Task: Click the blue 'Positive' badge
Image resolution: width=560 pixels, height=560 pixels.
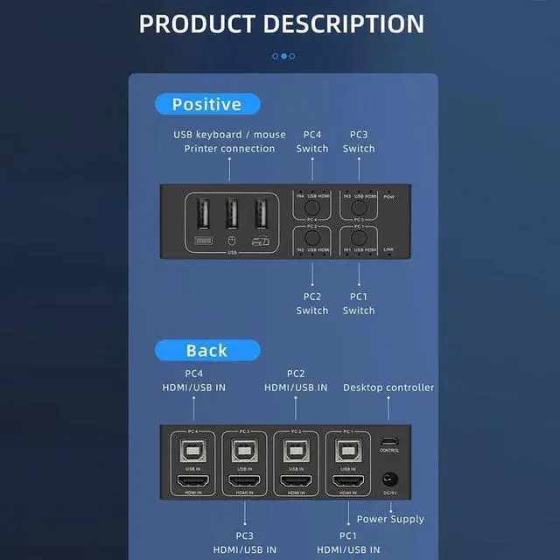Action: point(207,105)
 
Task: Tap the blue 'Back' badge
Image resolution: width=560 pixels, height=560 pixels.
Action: point(207,351)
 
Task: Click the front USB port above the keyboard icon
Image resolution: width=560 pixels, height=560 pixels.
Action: point(203,214)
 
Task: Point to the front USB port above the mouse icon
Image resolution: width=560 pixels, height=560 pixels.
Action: point(232,214)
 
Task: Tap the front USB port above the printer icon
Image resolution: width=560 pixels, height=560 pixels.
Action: point(262,214)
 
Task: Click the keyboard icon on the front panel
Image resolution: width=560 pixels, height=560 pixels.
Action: point(203,240)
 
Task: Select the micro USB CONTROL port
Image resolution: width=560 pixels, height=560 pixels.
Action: point(389,441)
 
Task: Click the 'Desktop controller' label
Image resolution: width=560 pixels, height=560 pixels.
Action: point(388,388)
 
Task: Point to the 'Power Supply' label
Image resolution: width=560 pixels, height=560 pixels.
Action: point(390,519)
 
